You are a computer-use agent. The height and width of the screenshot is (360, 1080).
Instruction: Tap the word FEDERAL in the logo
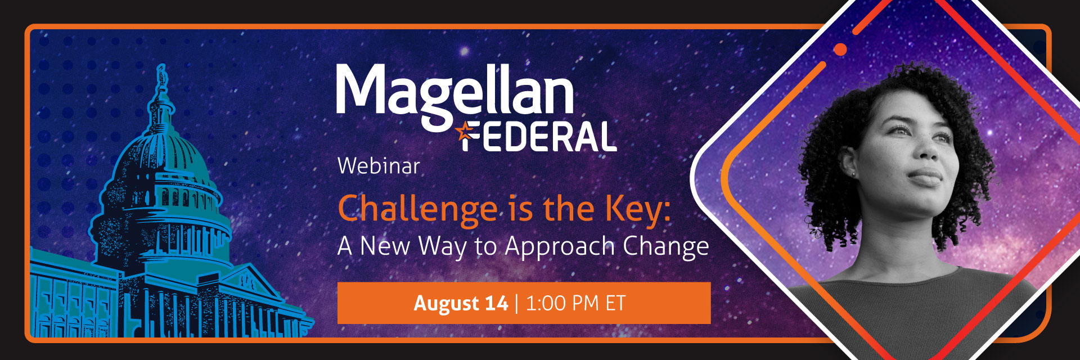tap(539, 137)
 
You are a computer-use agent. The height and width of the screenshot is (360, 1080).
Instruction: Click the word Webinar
tap(379, 166)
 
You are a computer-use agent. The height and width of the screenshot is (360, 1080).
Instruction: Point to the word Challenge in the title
tap(417, 209)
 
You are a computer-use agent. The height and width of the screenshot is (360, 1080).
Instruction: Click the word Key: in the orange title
tap(638, 210)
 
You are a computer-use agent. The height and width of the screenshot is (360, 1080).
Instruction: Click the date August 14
tap(461, 304)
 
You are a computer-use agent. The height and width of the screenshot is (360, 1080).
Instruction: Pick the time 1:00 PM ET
tap(575, 304)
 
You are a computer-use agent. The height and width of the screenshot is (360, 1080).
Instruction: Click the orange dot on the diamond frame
tap(840, 49)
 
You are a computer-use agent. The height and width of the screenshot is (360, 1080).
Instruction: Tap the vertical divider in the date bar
tap(517, 304)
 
